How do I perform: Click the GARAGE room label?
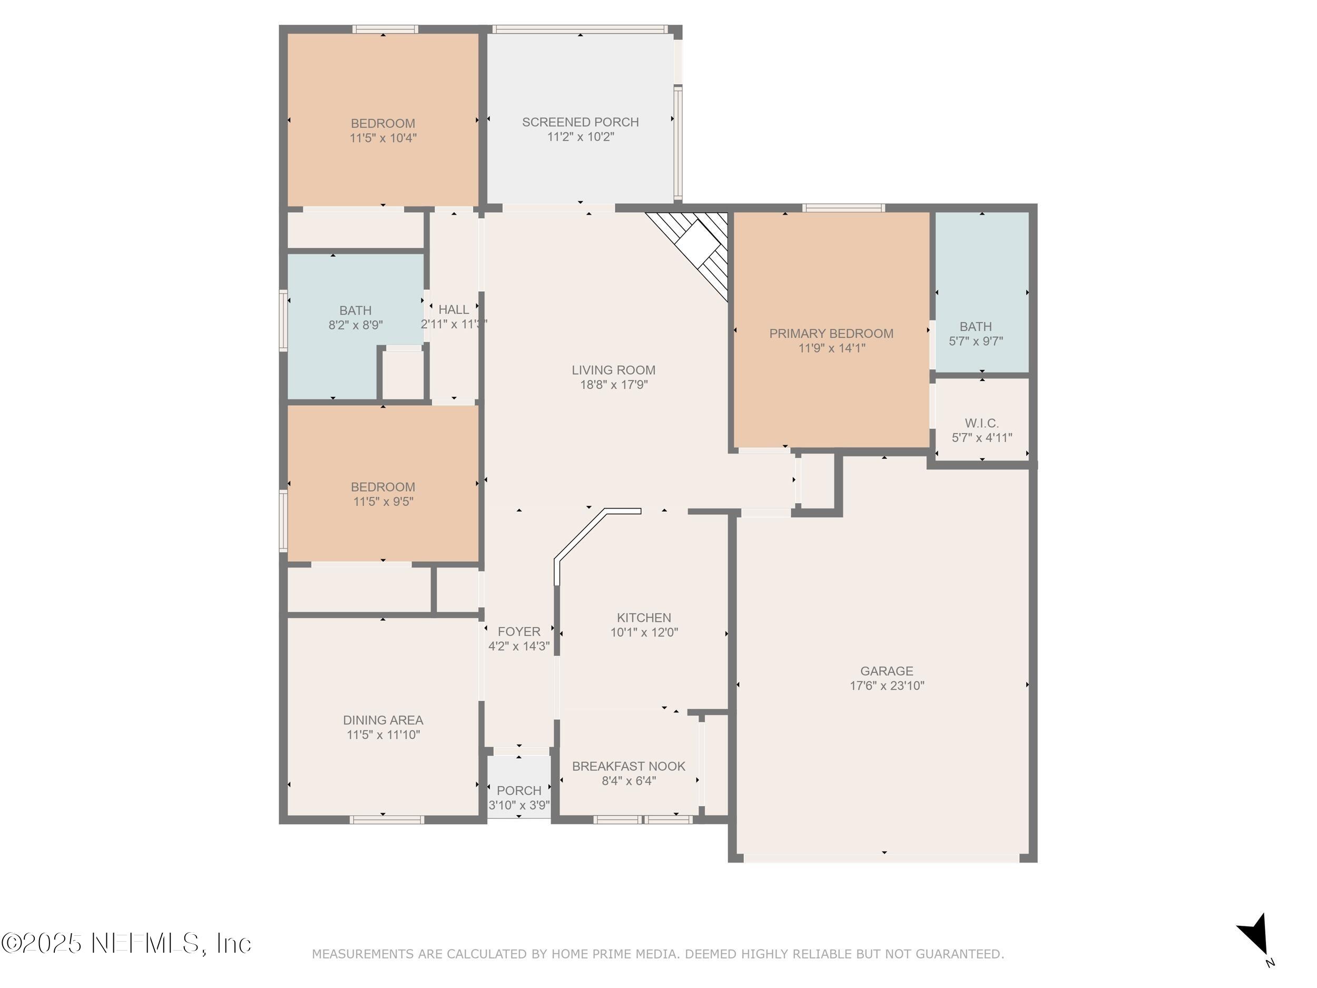(887, 671)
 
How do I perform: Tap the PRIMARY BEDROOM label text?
(831, 334)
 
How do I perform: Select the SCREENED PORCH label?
(581, 122)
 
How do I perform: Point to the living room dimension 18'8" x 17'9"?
(614, 385)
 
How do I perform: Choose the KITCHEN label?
(644, 618)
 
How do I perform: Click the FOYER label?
(519, 632)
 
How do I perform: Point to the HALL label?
(454, 310)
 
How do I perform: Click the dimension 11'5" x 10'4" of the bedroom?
(383, 138)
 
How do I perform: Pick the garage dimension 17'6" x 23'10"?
(887, 686)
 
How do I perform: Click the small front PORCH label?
(519, 791)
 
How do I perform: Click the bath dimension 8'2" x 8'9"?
(356, 325)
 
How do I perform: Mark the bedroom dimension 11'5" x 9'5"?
(383, 502)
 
